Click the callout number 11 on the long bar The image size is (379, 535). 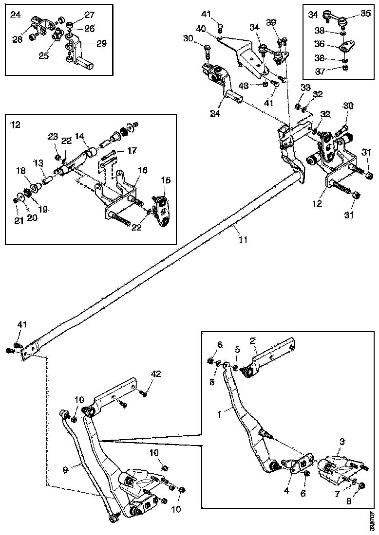[x=243, y=239]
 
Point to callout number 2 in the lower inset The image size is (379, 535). [x=253, y=341]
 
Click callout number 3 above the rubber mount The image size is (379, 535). [x=342, y=442]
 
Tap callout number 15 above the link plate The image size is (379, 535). [x=166, y=180]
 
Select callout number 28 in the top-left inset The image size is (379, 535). [x=18, y=39]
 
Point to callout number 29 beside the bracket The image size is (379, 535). [x=101, y=44]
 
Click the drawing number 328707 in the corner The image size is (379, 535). [x=372, y=522]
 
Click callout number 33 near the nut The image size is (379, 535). [x=305, y=88]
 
